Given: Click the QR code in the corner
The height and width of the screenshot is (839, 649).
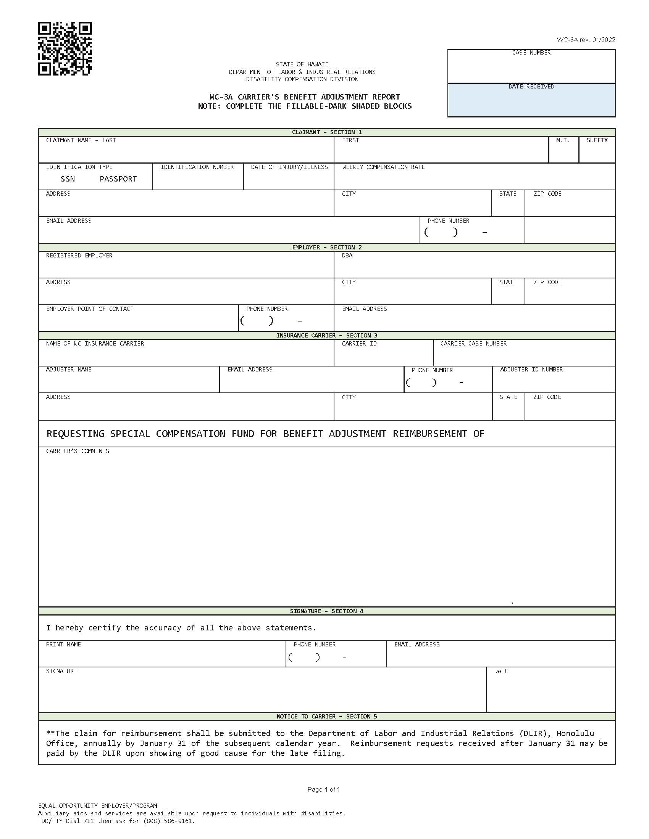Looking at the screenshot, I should [65, 49].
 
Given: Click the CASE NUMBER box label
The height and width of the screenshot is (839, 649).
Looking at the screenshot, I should [531, 53].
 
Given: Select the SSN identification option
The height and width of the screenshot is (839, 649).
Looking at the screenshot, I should [68, 179].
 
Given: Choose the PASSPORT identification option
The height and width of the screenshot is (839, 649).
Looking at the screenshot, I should [118, 179].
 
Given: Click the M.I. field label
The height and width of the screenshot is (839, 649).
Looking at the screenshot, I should [562, 140].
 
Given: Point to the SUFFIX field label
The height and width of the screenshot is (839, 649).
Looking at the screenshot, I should [597, 140].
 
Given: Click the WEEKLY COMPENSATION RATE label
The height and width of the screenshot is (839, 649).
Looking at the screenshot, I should [383, 167].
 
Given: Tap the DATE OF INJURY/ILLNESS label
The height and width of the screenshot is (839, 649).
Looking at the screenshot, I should [289, 167].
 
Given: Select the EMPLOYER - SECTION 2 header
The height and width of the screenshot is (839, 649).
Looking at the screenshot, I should [327, 248].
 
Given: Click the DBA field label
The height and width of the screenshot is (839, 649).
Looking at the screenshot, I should [347, 256].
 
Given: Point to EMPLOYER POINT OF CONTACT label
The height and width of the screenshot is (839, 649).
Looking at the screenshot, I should [90, 309].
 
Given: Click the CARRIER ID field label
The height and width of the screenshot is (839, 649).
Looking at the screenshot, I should [359, 344].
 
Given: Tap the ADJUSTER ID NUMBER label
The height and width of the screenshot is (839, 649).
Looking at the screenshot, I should [531, 370].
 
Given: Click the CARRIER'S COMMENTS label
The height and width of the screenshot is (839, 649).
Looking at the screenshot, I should [77, 451].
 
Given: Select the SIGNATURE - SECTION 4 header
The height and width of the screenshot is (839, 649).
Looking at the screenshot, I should [326, 611].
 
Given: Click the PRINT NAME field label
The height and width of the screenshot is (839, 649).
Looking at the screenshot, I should [63, 644].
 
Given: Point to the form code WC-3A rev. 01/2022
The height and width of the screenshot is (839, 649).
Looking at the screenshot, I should [586, 40].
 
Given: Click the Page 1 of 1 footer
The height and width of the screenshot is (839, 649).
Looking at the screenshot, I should [323, 789].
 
